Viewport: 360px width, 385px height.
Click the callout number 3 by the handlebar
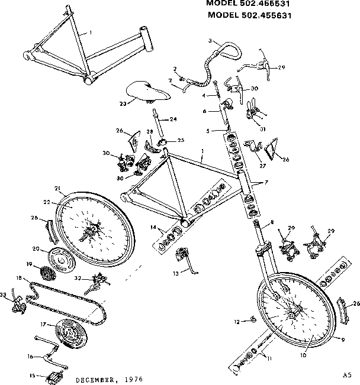(210, 40)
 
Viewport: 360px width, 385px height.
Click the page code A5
(346, 374)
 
